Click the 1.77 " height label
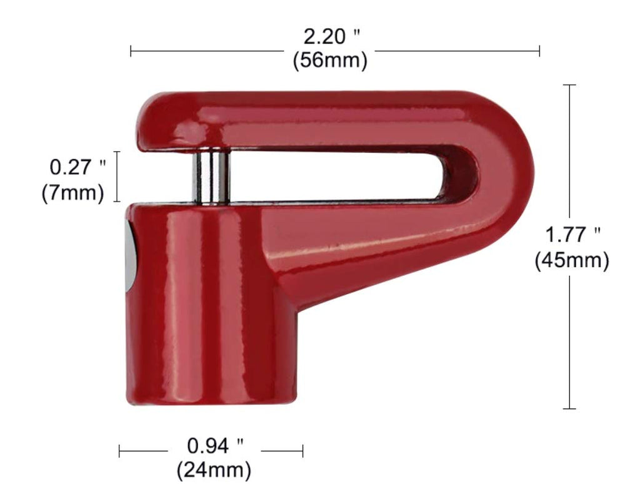click(572, 235)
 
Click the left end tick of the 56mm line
click(131, 51)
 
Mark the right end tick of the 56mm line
click(539, 51)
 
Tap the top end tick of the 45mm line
click(569, 84)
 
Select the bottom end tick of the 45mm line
click(569, 409)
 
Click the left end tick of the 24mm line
click(119, 450)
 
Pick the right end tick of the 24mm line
click(303, 450)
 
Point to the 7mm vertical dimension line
click(117, 177)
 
